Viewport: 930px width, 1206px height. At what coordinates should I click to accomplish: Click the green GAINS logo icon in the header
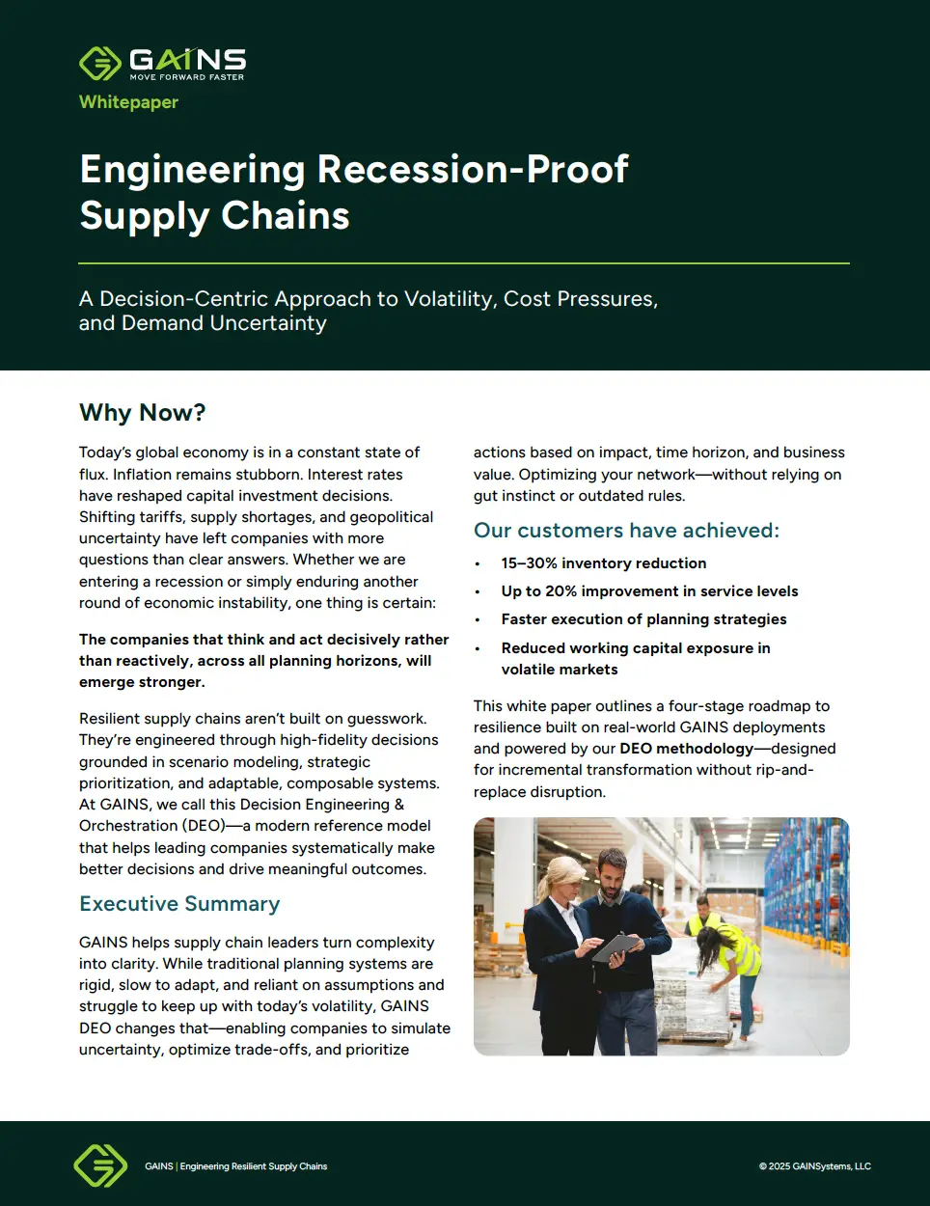point(99,64)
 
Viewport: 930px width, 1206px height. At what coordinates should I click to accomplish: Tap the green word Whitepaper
point(128,102)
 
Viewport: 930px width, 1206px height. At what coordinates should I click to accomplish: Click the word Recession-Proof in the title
point(473,170)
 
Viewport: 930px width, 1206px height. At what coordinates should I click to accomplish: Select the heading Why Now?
point(143,413)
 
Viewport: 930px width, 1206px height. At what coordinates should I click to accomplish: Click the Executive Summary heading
point(179,904)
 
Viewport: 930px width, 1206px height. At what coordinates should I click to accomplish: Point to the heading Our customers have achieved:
point(626,531)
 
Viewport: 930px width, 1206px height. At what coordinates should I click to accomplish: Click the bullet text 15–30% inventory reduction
point(603,563)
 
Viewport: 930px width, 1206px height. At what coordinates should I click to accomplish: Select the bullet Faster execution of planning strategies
point(643,619)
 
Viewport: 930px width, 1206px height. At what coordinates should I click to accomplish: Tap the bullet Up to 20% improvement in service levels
point(649,591)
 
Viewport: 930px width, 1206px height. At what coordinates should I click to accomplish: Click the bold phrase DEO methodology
point(686,749)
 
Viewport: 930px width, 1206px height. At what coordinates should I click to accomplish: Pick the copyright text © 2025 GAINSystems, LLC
point(814,1166)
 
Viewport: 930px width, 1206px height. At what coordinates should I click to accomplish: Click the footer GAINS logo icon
point(100,1165)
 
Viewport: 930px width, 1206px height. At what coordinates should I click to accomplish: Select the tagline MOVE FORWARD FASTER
point(187,77)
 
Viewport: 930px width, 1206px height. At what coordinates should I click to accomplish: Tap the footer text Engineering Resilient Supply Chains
point(254,1166)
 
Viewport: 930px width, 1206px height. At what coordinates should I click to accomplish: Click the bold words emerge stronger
point(142,682)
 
